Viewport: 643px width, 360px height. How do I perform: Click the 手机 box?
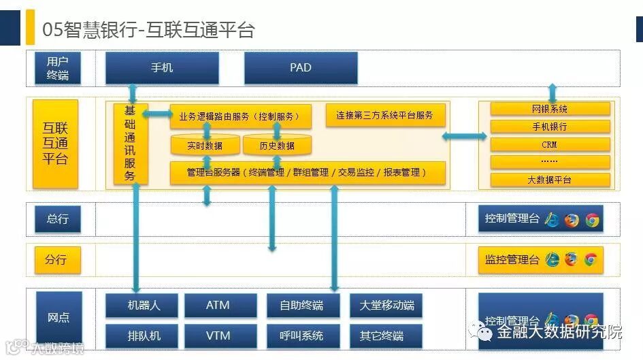point(162,68)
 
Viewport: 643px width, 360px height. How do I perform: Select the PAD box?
point(301,68)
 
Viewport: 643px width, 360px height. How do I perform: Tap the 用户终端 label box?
point(58,68)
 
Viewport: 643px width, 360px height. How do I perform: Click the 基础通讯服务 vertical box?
point(131,144)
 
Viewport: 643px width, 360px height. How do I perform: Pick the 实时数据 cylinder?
point(205,146)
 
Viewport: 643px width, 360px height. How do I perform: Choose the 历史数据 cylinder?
point(277,146)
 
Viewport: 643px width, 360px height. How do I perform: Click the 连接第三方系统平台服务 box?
point(385,116)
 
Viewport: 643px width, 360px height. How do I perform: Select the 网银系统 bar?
point(550,109)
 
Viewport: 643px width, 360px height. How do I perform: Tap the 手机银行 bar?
point(550,127)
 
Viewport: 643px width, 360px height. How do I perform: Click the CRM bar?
point(550,144)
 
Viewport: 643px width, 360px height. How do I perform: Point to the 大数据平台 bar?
point(550,180)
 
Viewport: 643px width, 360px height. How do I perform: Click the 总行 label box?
point(58,219)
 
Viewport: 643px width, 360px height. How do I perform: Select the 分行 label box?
point(58,259)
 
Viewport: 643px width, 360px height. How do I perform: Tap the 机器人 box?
point(142,306)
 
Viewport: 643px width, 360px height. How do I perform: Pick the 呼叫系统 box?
point(301,336)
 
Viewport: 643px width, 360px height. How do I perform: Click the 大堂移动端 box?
point(386,306)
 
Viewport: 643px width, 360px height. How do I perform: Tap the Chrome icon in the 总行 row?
point(593,219)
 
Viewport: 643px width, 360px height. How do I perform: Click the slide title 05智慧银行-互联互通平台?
point(148,30)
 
